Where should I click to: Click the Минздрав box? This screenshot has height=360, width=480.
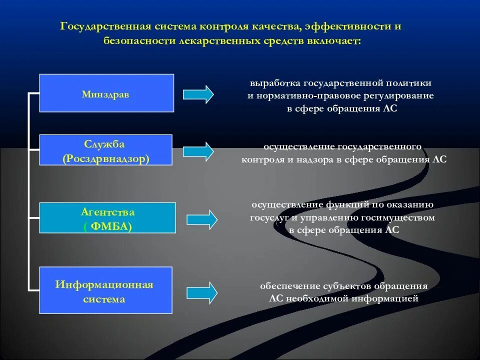(106, 93)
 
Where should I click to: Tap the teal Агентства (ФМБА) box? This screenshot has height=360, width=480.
(107, 218)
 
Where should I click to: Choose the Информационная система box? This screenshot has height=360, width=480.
(105, 291)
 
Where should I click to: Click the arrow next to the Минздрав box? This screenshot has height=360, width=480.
(198, 94)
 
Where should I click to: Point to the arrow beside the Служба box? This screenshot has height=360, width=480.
(198, 151)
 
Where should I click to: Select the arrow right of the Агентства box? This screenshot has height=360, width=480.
(202, 218)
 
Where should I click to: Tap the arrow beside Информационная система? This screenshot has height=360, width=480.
(202, 292)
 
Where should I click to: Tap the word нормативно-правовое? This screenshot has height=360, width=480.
(307, 95)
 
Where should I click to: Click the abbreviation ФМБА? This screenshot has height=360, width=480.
(108, 225)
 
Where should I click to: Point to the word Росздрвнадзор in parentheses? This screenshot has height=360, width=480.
(106, 158)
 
